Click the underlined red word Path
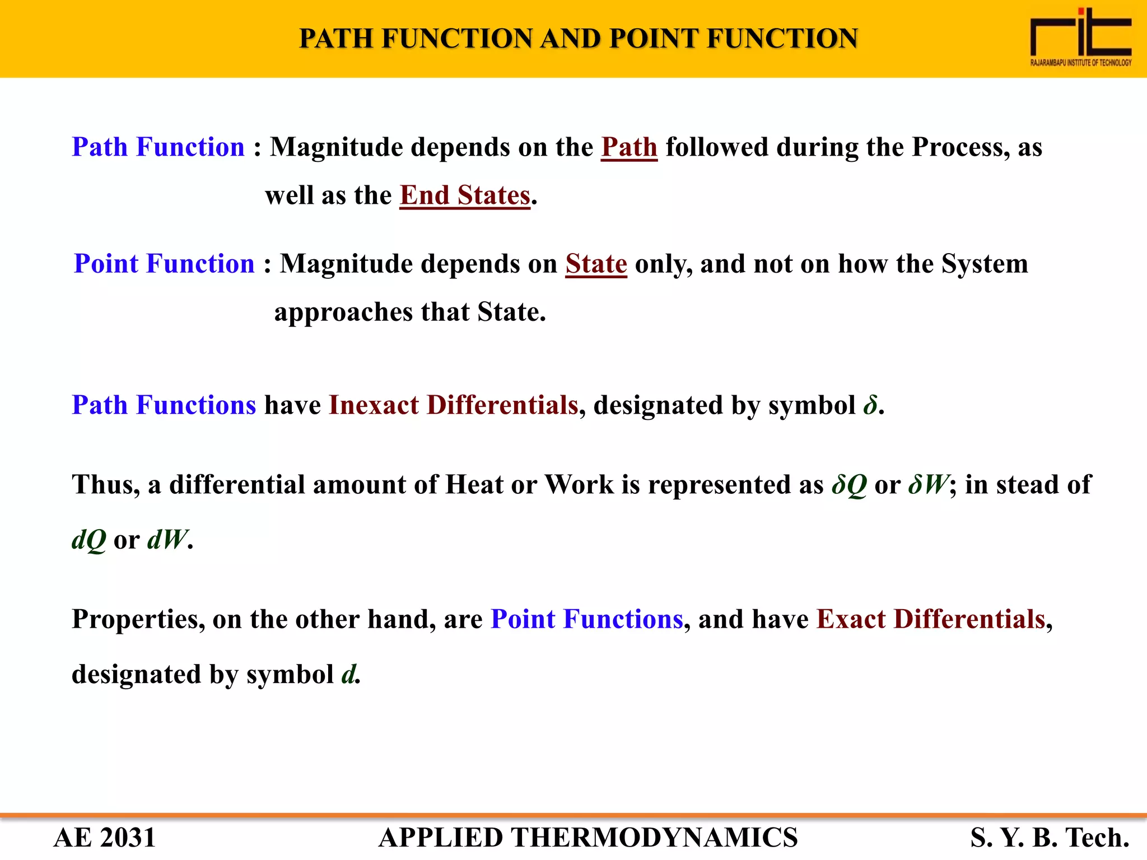click(629, 147)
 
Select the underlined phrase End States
click(465, 195)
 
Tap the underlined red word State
click(596, 264)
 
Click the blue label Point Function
click(164, 264)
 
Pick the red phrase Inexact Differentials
click(453, 405)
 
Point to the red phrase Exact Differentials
click(931, 619)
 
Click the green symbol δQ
click(849, 485)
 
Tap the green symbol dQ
click(88, 540)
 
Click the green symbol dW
click(166, 540)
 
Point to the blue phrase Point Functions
click(586, 619)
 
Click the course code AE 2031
click(104, 838)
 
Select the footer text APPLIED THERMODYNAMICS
click(588, 838)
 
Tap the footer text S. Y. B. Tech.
click(1050, 838)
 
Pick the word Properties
click(138, 619)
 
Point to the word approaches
click(343, 312)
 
